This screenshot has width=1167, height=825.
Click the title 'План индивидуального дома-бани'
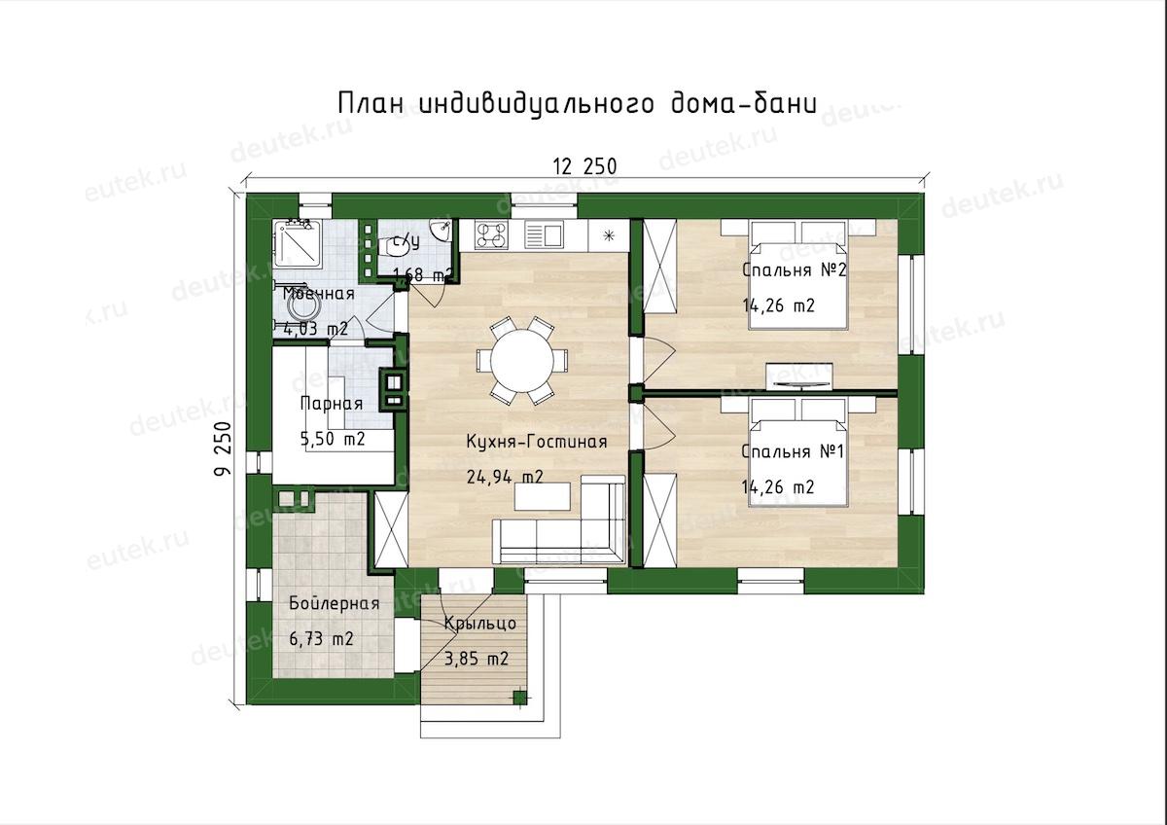click(577, 105)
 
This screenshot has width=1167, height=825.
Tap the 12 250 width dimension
click(584, 166)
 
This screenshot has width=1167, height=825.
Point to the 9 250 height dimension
click(223, 448)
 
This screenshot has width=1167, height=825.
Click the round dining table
click(522, 360)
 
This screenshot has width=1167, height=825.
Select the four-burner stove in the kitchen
click(492, 234)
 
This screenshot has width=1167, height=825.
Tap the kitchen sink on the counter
click(544, 234)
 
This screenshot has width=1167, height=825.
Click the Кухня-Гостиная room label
click(536, 442)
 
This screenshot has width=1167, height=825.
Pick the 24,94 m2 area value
click(505, 477)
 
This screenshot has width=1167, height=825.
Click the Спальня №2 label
click(794, 269)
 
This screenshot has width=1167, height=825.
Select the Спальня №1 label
click(793, 451)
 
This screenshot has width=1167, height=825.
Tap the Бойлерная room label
click(334, 603)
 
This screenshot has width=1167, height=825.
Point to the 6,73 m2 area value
click(322, 638)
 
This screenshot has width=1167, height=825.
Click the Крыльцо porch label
click(480, 624)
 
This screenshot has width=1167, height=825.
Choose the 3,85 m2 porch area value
click(477, 659)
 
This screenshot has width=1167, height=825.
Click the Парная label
click(332, 404)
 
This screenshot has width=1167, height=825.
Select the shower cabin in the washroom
click(298, 244)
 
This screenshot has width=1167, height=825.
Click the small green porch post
click(519, 698)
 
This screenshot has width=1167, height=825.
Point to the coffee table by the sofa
click(543, 496)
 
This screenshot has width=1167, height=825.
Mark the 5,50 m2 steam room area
click(333, 439)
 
